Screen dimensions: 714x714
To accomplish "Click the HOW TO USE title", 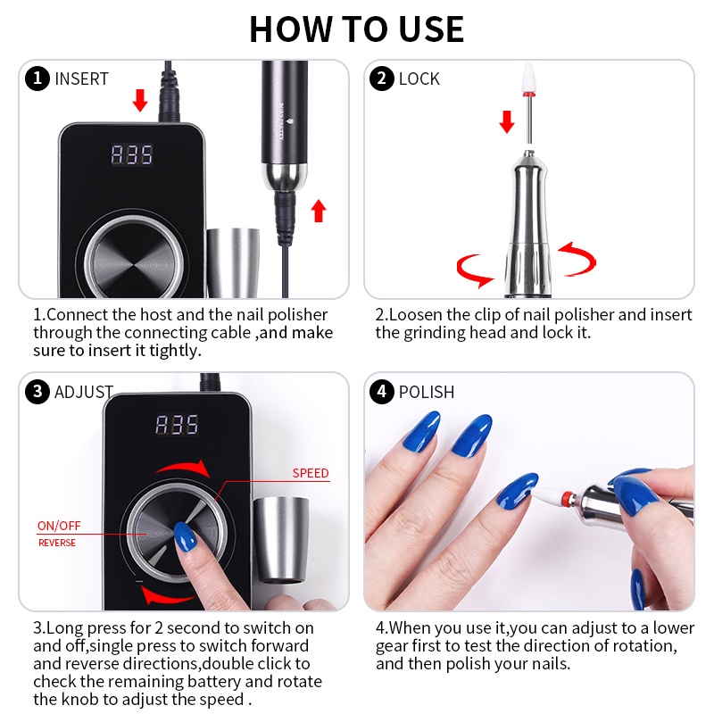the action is (356, 29).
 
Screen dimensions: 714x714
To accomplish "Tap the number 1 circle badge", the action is (37, 79).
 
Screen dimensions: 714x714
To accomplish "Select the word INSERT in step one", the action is (81, 79).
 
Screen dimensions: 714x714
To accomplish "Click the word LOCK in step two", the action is (419, 79).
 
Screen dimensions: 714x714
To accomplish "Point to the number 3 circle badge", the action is (37, 392).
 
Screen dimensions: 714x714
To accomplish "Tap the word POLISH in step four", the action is (427, 392).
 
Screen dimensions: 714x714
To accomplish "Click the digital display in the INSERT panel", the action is (132, 154).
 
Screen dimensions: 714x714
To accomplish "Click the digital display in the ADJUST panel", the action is (177, 425).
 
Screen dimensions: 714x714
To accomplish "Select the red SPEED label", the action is (311, 473).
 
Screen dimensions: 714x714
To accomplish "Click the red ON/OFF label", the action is (59, 526).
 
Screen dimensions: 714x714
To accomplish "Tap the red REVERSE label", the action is (57, 543).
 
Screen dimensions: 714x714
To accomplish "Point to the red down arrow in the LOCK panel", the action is (507, 121).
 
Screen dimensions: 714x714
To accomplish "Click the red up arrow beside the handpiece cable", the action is (319, 211).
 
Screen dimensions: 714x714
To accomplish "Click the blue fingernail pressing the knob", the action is (186, 536).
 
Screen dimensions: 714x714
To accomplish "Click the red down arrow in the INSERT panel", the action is (140, 100).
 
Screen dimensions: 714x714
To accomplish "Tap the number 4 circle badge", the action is (382, 392).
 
